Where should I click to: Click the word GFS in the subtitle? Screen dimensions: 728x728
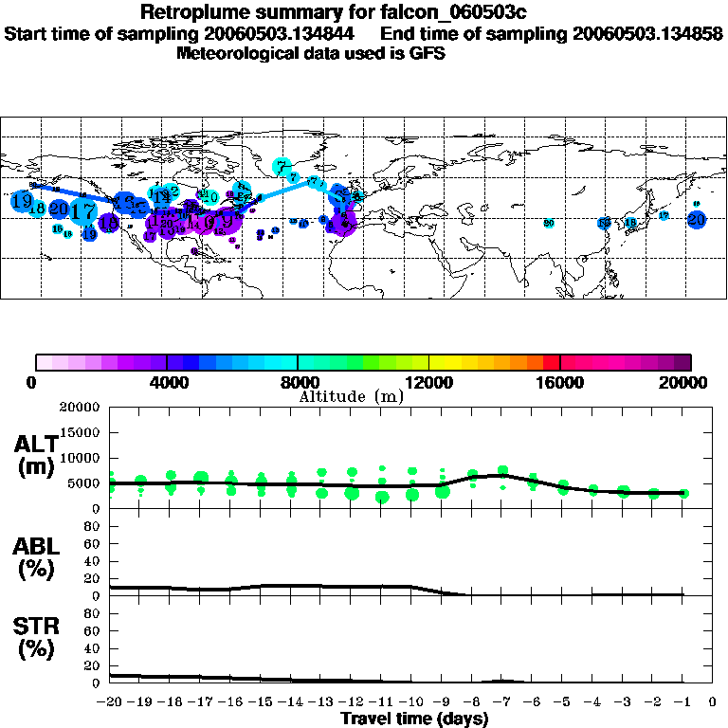pos(426,53)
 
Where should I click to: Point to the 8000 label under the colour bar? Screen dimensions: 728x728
pos(298,383)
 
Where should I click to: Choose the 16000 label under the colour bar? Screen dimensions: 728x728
pos(560,383)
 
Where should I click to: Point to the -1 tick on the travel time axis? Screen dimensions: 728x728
pos(683,701)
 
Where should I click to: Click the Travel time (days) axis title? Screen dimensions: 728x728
pos(414,719)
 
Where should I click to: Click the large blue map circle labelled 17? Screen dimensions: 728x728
pos(84,211)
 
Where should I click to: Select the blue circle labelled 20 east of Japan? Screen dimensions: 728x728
pos(698,219)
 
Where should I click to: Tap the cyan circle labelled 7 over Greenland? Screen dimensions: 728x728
pos(282,166)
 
